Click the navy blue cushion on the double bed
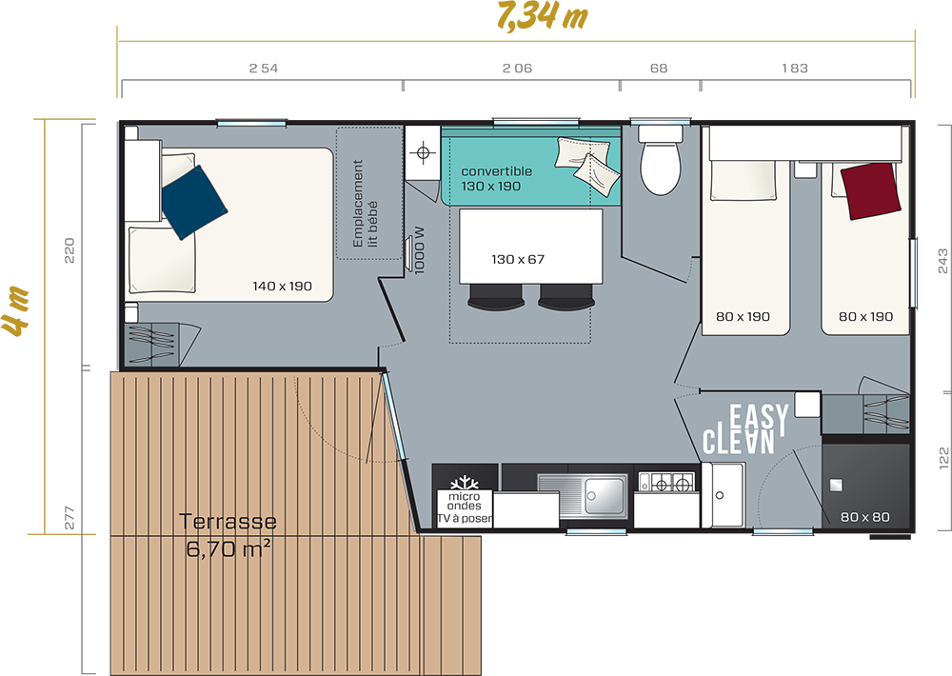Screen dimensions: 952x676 (193, 202)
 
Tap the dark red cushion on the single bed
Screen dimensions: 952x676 (870, 190)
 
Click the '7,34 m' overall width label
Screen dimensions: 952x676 (542, 16)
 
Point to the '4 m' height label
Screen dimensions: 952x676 (16, 310)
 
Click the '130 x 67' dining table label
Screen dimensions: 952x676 (518, 259)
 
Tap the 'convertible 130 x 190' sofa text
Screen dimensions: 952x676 (496, 179)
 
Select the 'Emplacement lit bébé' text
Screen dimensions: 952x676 (365, 204)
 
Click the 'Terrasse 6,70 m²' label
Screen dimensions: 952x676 (228, 535)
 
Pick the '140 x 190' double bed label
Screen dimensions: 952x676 (283, 286)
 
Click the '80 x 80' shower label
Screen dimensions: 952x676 (864, 517)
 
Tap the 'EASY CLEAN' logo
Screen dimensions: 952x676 (745, 428)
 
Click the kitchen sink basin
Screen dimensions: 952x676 (604, 496)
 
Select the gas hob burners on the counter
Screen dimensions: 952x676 (666, 483)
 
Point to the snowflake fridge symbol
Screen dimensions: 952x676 (465, 484)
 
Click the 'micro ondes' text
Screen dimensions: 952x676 (465, 501)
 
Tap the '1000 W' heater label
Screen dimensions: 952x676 (419, 250)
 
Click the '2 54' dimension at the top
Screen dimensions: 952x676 (264, 69)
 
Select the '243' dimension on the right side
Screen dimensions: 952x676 (942, 261)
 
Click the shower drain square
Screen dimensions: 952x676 (836, 485)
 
